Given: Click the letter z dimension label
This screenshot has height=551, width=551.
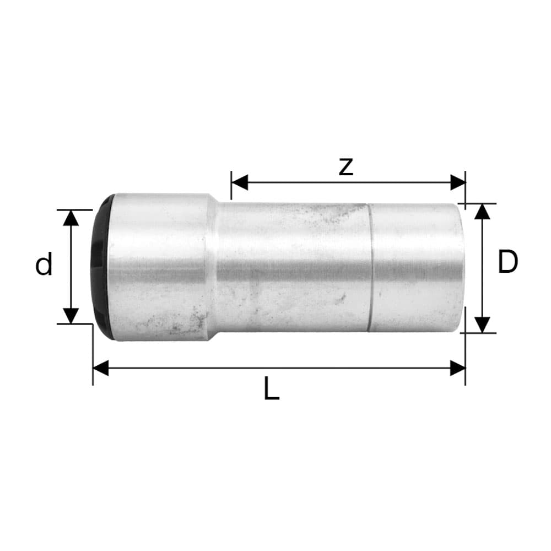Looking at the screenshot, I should (345, 166).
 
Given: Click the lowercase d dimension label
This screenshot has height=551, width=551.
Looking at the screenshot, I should (44, 265).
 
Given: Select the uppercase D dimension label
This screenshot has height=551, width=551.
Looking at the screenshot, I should (507, 262).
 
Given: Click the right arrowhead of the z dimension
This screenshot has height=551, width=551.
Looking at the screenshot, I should (457, 182).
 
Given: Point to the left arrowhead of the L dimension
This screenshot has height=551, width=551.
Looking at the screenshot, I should (101, 368).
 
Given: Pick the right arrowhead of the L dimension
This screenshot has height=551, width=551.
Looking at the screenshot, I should (457, 368).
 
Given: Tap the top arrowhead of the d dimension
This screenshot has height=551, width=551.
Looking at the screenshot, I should (71, 218).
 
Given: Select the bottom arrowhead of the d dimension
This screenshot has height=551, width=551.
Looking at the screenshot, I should (71, 316).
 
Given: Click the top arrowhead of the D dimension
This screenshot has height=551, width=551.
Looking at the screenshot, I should (482, 212).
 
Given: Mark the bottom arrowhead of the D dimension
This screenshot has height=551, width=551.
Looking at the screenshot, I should (482, 325).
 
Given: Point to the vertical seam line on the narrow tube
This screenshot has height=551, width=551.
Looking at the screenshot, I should (369, 267).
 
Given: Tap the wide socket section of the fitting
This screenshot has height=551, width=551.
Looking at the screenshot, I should (157, 267).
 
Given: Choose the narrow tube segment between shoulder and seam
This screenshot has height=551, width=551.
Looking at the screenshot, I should (292, 267).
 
